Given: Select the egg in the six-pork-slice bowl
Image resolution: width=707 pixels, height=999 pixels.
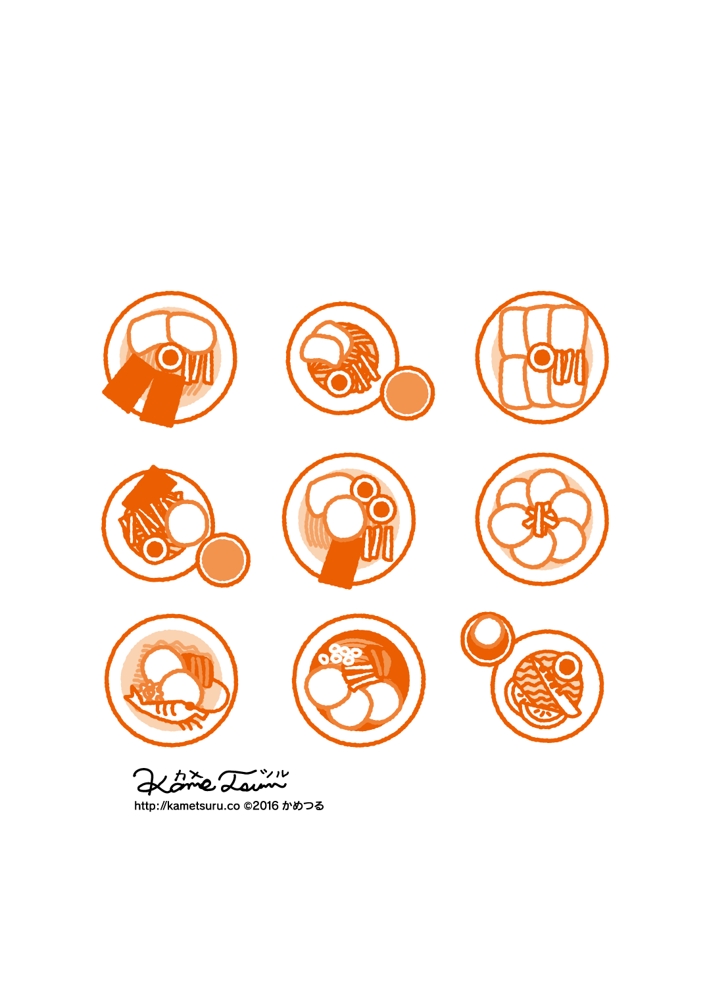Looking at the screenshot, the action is (x=542, y=357).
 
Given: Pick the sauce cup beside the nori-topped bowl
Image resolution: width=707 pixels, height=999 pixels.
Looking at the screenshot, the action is (x=223, y=559).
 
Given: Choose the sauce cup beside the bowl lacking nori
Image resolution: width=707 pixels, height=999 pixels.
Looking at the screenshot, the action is (x=407, y=393).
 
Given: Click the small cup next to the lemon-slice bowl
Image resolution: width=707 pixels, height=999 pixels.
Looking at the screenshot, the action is (x=488, y=639).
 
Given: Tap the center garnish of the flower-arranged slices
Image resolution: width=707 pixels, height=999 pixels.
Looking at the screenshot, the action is (x=541, y=519).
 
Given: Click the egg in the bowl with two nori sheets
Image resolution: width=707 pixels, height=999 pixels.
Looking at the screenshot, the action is (x=170, y=357).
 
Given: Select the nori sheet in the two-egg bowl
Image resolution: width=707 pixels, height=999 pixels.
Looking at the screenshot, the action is (x=338, y=563).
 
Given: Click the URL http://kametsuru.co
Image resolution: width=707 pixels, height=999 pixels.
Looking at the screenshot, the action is (x=187, y=806).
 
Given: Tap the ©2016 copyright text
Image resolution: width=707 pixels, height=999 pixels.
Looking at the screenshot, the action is (x=261, y=806).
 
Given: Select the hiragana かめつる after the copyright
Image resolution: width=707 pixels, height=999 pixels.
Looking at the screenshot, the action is (x=303, y=806).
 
